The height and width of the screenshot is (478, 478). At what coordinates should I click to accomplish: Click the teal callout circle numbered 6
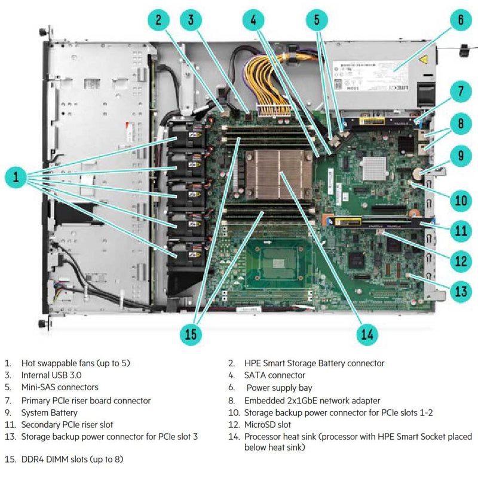point(461,19)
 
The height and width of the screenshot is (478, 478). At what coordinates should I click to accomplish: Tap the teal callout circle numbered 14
point(366,335)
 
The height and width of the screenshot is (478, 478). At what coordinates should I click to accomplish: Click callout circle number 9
point(461,157)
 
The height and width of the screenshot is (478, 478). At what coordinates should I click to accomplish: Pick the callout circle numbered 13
point(461,291)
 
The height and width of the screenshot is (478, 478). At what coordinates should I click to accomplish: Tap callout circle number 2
point(158,19)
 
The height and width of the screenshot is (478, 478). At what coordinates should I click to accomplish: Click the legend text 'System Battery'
point(49,412)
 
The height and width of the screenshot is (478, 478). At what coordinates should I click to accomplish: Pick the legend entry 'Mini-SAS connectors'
point(60,388)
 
